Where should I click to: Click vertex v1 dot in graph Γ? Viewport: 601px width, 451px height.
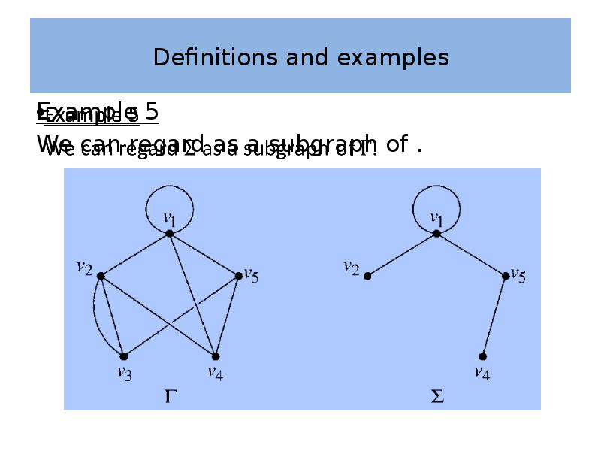click(x=170, y=234)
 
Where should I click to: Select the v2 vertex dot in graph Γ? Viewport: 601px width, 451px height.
click(x=101, y=276)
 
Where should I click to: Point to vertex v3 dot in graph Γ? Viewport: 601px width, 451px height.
click(x=124, y=356)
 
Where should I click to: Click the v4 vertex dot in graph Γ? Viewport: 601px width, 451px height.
click(x=216, y=356)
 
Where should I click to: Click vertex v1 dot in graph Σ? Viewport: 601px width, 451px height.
click(x=436, y=234)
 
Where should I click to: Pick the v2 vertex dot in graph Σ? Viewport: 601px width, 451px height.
click(x=367, y=276)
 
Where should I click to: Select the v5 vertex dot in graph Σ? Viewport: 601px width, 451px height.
click(x=506, y=276)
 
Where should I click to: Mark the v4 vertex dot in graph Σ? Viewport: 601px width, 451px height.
click(x=482, y=356)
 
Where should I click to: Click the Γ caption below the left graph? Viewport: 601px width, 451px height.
click(x=171, y=395)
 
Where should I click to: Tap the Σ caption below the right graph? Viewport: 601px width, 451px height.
click(x=437, y=395)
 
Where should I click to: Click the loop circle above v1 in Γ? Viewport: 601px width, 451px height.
click(x=170, y=188)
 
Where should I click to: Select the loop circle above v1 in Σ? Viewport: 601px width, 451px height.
click(x=436, y=188)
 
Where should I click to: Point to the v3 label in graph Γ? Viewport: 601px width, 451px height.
click(x=125, y=374)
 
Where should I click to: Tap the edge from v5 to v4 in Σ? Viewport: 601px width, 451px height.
click(x=494, y=316)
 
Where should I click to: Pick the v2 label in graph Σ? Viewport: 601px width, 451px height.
click(x=352, y=268)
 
